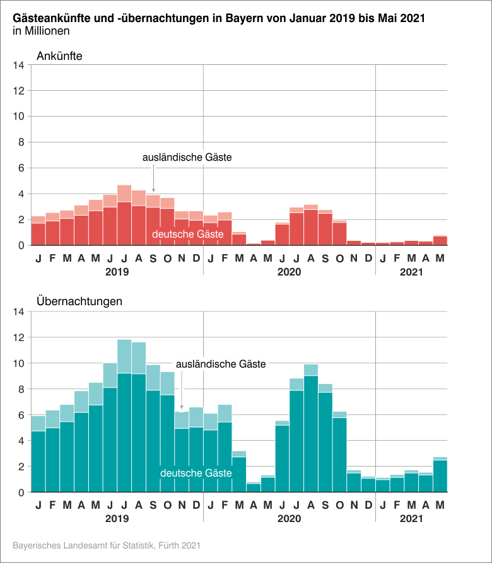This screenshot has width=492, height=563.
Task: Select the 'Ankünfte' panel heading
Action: [59, 55]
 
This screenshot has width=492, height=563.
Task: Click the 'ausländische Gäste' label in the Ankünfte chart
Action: [187, 158]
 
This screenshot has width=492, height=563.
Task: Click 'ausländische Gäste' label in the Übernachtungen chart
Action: [221, 364]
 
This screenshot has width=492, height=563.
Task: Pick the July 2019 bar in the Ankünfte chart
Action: [124, 221]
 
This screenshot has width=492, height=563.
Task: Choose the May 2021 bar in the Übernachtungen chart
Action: [440, 476]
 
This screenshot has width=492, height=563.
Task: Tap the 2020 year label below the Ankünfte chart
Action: [289, 272]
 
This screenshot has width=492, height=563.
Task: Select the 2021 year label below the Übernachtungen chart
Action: [411, 519]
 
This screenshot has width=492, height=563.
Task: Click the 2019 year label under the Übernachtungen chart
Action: [117, 519]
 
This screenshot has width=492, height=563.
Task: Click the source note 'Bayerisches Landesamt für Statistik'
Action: [107, 544]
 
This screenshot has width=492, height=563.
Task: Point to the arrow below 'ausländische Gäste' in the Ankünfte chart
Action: [153, 183]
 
